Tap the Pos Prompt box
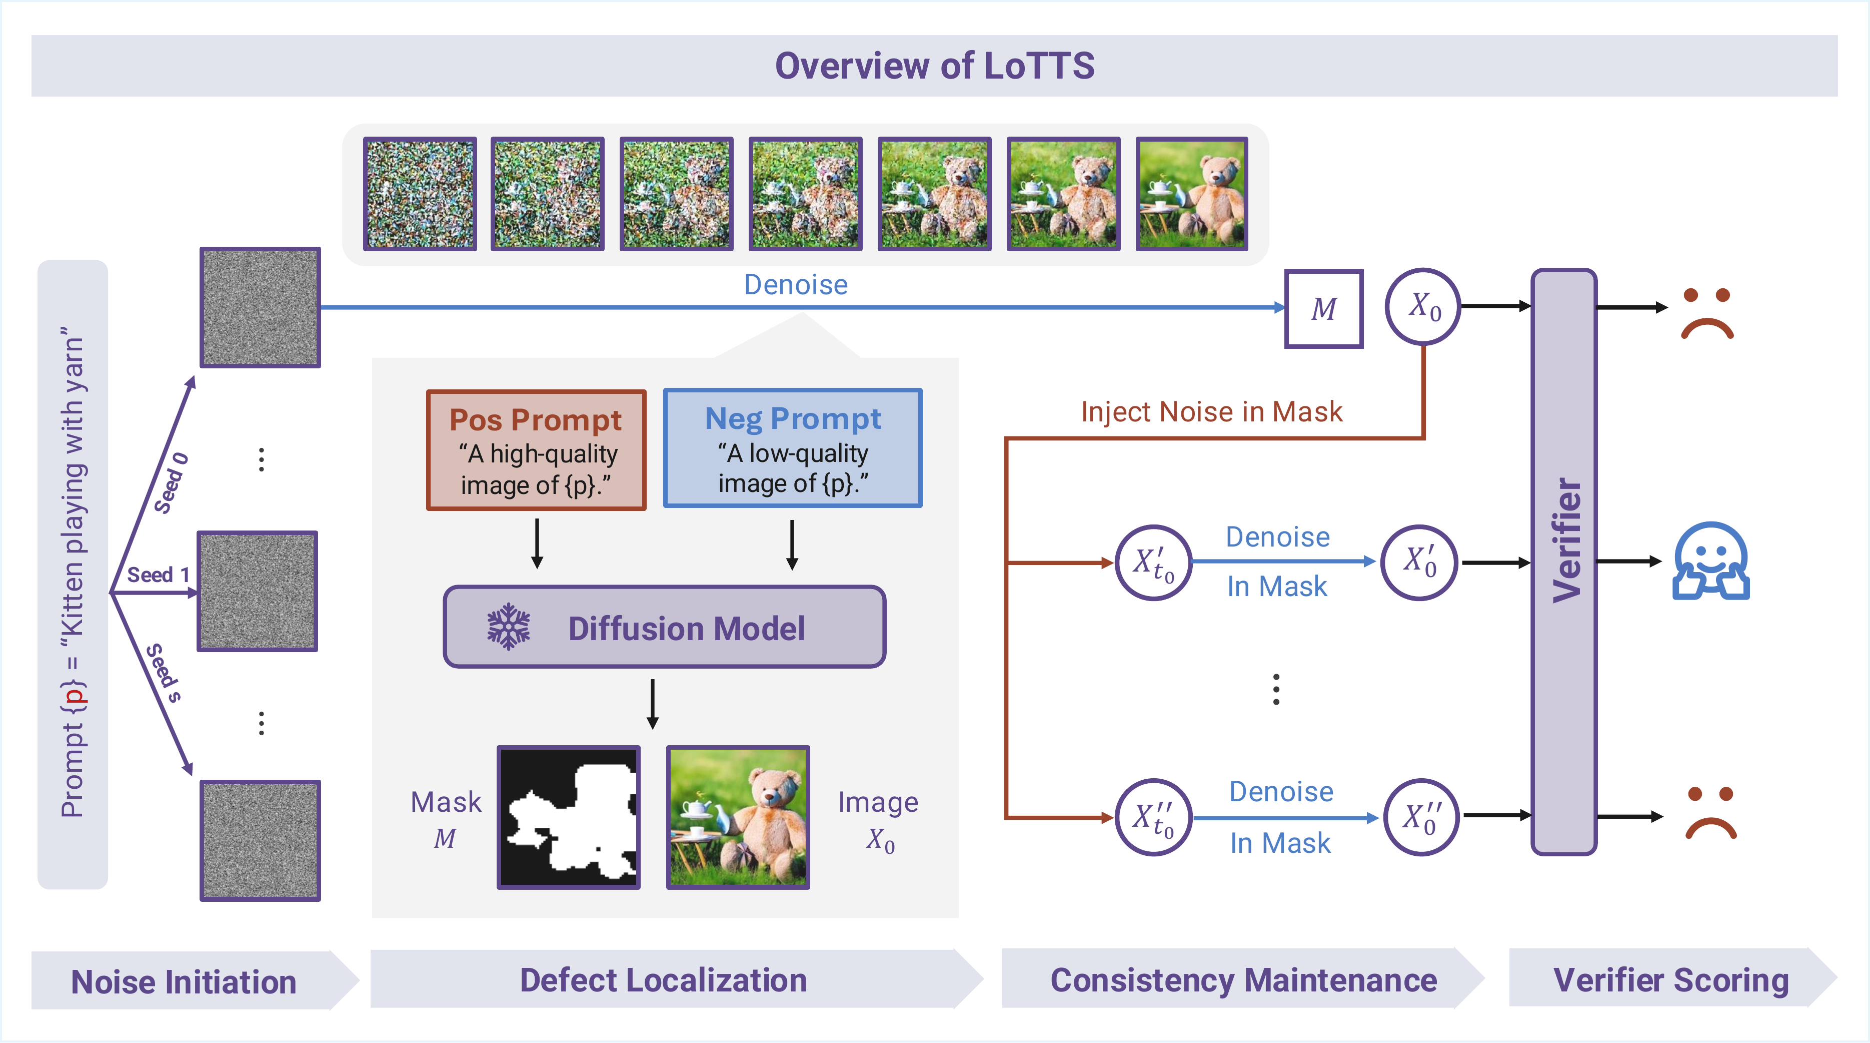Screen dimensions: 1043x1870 tap(536, 450)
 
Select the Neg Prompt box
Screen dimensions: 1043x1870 tap(793, 448)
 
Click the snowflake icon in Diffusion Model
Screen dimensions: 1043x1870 tap(508, 626)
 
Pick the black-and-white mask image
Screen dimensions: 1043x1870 tap(569, 817)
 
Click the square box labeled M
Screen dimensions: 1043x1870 tap(1323, 309)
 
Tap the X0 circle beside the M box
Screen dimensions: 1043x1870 tap(1423, 306)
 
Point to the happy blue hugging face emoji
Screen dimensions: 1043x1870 tap(1710, 561)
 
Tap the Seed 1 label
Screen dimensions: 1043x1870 tap(158, 575)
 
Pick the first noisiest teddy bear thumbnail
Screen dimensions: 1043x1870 tap(420, 194)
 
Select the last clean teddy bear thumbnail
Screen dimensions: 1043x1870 tap(1191, 194)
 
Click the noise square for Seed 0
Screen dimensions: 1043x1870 tap(260, 307)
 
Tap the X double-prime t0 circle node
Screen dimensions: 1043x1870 tap(1153, 817)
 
